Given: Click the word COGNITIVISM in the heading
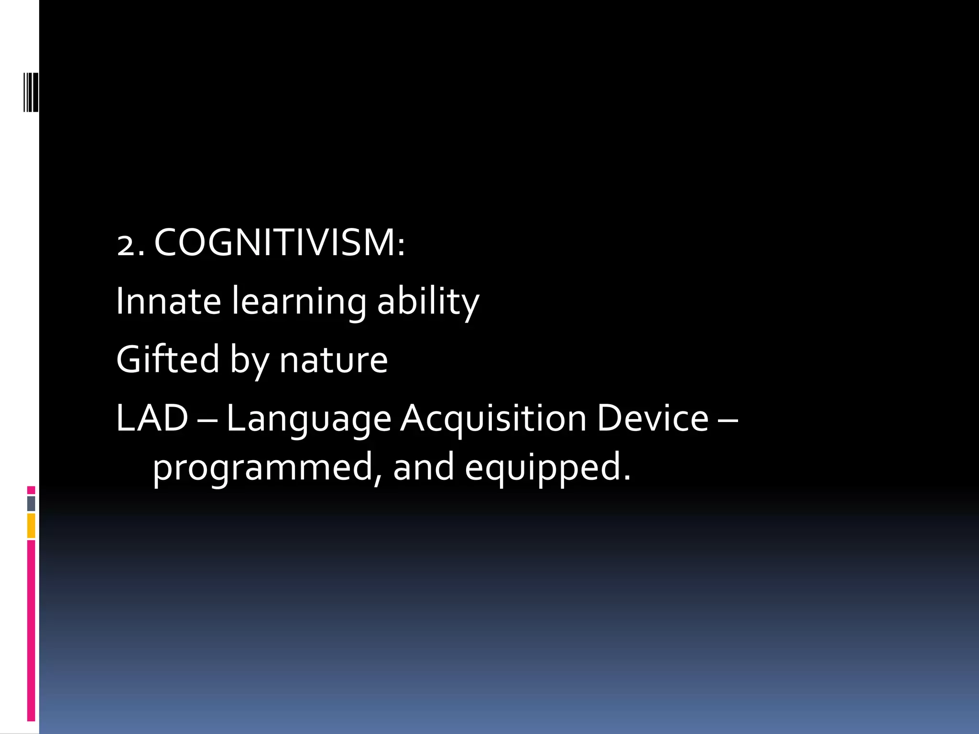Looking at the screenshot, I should (279, 243).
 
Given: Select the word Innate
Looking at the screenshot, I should (168, 301).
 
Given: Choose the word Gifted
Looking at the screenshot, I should (167, 359).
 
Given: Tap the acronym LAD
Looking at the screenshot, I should (152, 418).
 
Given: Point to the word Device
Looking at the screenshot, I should (653, 418).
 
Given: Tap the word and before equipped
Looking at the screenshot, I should (424, 467).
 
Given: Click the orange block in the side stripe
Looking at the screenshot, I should (31, 526).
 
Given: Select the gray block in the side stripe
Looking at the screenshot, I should (31, 504).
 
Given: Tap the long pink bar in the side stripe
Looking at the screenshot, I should (31, 630).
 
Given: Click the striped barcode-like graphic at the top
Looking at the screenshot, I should (31, 85).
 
